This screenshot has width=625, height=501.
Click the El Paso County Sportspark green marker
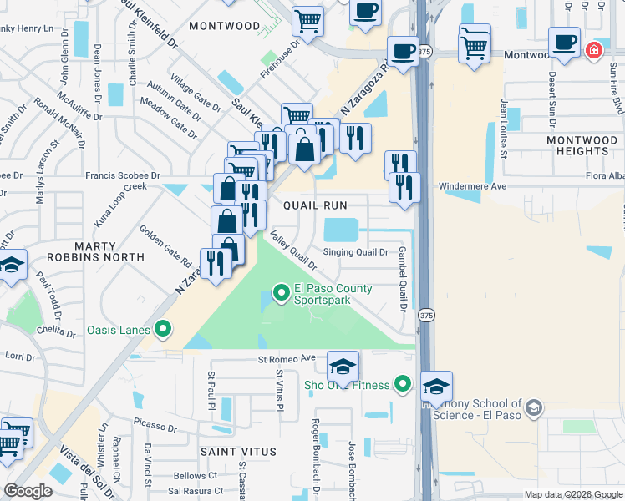click(282, 292)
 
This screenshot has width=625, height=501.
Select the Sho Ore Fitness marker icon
click(404, 384)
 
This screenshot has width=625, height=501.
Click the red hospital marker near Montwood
click(593, 50)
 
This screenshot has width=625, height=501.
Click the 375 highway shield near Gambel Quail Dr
click(427, 315)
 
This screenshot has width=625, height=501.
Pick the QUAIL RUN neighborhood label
click(314, 205)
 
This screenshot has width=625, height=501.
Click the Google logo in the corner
click(28, 491)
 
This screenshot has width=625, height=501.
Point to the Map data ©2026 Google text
click(572, 494)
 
